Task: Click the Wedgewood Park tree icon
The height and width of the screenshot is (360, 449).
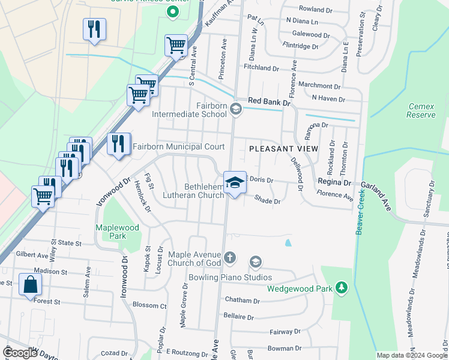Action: pyautogui.click(x=342, y=288)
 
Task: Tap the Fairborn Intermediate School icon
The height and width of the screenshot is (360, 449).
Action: pyautogui.click(x=236, y=109)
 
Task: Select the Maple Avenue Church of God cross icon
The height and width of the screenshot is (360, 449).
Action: pyautogui.click(x=229, y=259)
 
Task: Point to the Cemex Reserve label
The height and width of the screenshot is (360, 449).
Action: pyautogui.click(x=421, y=110)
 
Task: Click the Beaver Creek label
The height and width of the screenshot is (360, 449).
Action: pyautogui.click(x=360, y=212)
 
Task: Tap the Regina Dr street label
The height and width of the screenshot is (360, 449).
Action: pyautogui.click(x=334, y=182)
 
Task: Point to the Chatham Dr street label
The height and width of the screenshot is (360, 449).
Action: pyautogui.click(x=242, y=300)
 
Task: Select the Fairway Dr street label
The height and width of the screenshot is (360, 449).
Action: pyautogui.click(x=285, y=331)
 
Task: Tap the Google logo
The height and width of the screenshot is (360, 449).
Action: pyautogui.click(x=20, y=353)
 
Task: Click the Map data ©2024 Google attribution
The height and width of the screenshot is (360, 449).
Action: pyautogui.click(x=411, y=355)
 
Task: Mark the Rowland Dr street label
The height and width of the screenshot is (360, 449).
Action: pyautogui.click(x=316, y=9)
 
